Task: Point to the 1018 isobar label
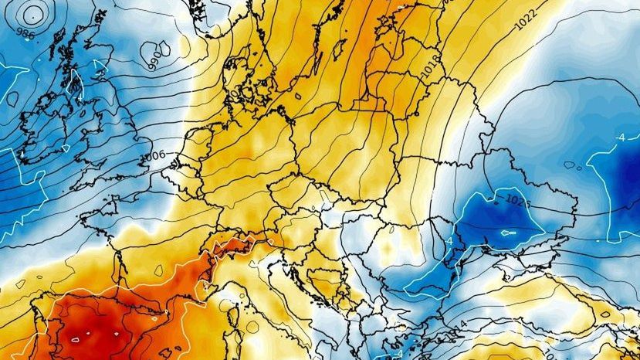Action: tap(432, 65)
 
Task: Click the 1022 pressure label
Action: tap(526, 26)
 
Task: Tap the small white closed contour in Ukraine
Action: tap(506, 233)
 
